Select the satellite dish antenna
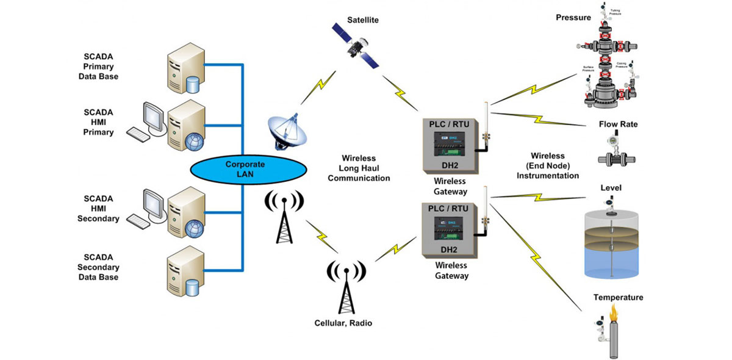tap(285, 130)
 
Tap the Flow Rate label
tap(618, 124)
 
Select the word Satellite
tap(363, 20)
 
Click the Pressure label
tap(573, 18)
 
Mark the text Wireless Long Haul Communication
tap(359, 168)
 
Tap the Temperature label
tap(618, 298)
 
